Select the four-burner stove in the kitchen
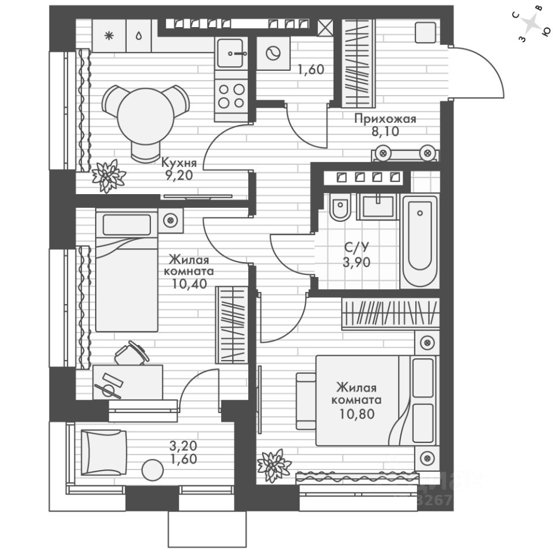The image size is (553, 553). tap(231, 95)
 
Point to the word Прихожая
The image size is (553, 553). tap(385, 119)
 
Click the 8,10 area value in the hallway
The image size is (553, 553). tap(385, 131)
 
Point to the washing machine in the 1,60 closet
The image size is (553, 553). tap(271, 54)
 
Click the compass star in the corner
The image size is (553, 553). tap(532, 24)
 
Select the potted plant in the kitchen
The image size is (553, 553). tap(108, 175)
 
